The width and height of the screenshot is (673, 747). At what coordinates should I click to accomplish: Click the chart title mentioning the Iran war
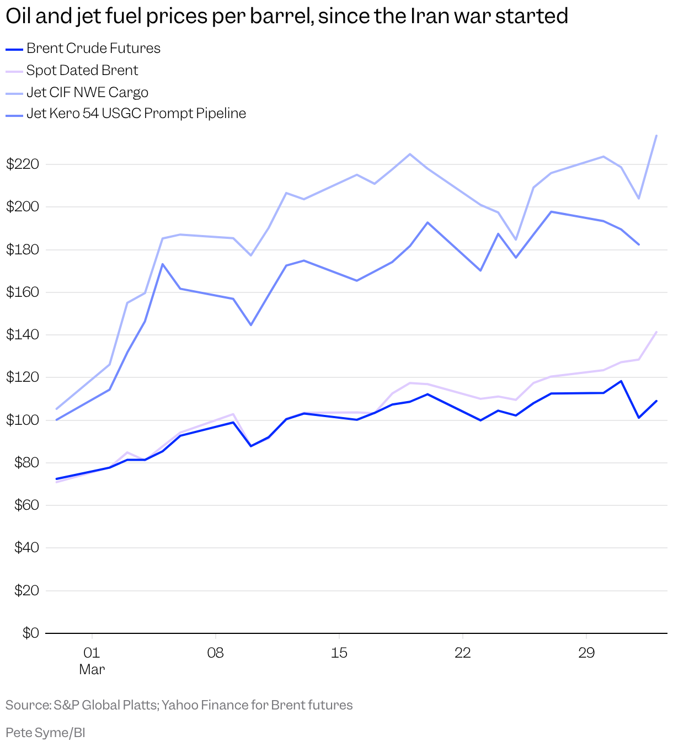tap(287, 17)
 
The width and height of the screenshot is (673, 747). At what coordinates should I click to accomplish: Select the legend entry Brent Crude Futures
tap(93, 49)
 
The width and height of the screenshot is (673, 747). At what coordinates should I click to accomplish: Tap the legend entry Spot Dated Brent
tap(82, 71)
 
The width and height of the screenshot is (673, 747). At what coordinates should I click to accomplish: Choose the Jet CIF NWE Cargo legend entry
tap(87, 92)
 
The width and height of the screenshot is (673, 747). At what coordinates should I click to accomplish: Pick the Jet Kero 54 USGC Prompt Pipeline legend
tap(136, 114)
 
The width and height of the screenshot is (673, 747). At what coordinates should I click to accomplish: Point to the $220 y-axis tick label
tap(22, 164)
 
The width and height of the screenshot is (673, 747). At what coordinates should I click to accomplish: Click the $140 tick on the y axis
tap(22, 335)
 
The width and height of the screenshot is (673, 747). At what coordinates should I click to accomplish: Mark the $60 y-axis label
tap(25, 505)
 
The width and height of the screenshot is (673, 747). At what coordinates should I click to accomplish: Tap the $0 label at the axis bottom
tap(30, 633)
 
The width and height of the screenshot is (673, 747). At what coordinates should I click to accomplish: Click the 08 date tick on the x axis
tap(215, 653)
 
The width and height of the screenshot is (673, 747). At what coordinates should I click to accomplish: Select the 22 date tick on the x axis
tap(462, 653)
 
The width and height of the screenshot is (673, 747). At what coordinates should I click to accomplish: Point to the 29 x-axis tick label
tap(586, 653)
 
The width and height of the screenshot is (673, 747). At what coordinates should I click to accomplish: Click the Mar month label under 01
tap(92, 670)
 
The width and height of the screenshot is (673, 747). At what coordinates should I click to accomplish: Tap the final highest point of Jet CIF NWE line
tap(656, 136)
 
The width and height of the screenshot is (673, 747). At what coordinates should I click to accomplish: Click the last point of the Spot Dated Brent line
tap(656, 332)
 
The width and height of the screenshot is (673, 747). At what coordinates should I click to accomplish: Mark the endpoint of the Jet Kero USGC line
tap(638, 244)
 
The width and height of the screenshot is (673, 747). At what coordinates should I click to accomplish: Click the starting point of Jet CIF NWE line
tap(57, 409)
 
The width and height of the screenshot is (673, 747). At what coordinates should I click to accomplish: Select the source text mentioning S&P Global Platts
tap(179, 705)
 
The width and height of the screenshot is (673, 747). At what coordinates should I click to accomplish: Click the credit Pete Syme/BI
tap(45, 733)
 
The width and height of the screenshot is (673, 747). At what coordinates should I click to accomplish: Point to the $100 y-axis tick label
tap(22, 420)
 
